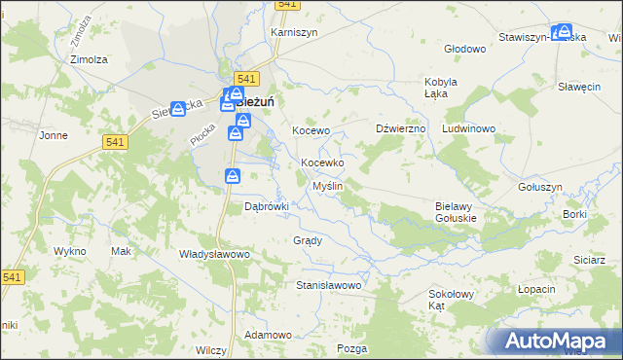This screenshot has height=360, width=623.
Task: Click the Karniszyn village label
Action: tap(295, 31)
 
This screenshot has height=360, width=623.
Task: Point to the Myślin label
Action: tap(326, 185)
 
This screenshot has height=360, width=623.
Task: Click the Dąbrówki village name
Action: tap(267, 206)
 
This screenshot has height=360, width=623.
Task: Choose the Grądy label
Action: tap(307, 239)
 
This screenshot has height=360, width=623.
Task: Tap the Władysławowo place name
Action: tap(215, 254)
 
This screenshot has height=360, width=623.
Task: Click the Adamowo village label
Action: tap(269, 335)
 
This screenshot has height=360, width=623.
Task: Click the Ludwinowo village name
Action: tap(469, 128)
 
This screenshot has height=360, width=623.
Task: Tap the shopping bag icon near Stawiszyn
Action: tap(562, 33)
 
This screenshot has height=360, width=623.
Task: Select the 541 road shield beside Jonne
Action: tap(114, 142)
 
